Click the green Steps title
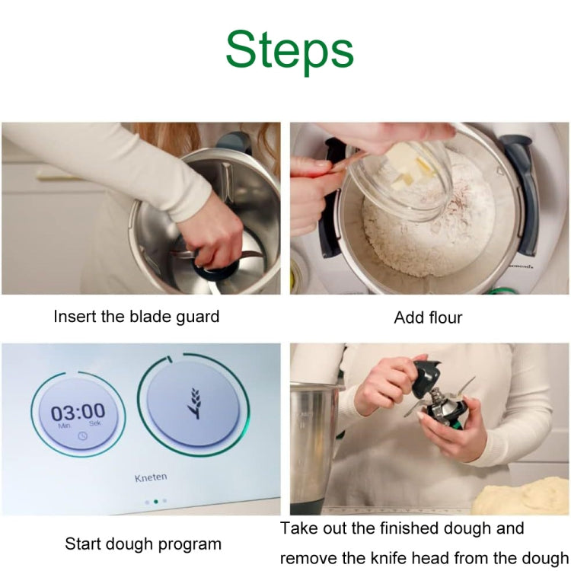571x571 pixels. coord(289,50)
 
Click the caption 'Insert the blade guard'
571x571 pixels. coord(136,316)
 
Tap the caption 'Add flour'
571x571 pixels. coord(428,317)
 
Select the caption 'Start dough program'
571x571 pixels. coord(143,544)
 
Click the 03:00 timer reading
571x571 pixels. coord(78,413)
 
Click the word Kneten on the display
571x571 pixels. coord(150,477)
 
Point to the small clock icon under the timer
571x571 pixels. coord(82,436)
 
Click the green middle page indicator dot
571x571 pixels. coord(155,502)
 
